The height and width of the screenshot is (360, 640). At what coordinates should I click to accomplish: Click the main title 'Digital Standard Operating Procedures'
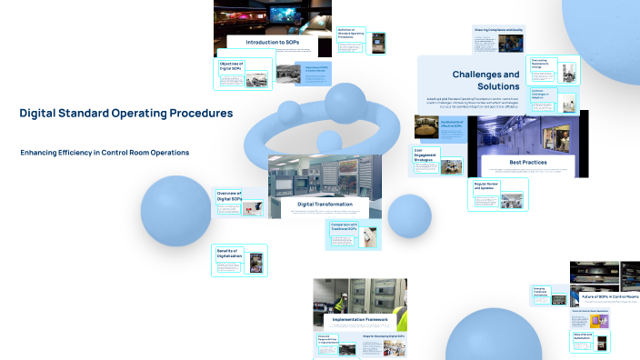tap(125, 114)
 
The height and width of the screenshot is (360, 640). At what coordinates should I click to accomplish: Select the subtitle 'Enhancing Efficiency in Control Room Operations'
tap(105, 153)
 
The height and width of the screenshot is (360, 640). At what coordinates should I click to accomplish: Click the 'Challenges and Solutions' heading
tap(485, 81)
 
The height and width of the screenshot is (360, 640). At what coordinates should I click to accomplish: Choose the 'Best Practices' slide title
tap(527, 162)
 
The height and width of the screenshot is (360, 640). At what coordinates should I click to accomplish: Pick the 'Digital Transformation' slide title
tap(325, 205)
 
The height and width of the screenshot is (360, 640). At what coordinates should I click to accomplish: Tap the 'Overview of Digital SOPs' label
tap(229, 195)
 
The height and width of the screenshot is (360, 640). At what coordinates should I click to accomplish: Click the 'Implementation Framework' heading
tap(359, 319)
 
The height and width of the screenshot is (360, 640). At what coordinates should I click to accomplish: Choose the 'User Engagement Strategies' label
tap(426, 154)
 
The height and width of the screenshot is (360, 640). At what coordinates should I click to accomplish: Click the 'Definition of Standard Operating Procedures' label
tap(351, 33)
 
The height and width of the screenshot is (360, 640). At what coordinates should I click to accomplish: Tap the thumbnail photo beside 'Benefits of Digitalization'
tap(256, 265)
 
